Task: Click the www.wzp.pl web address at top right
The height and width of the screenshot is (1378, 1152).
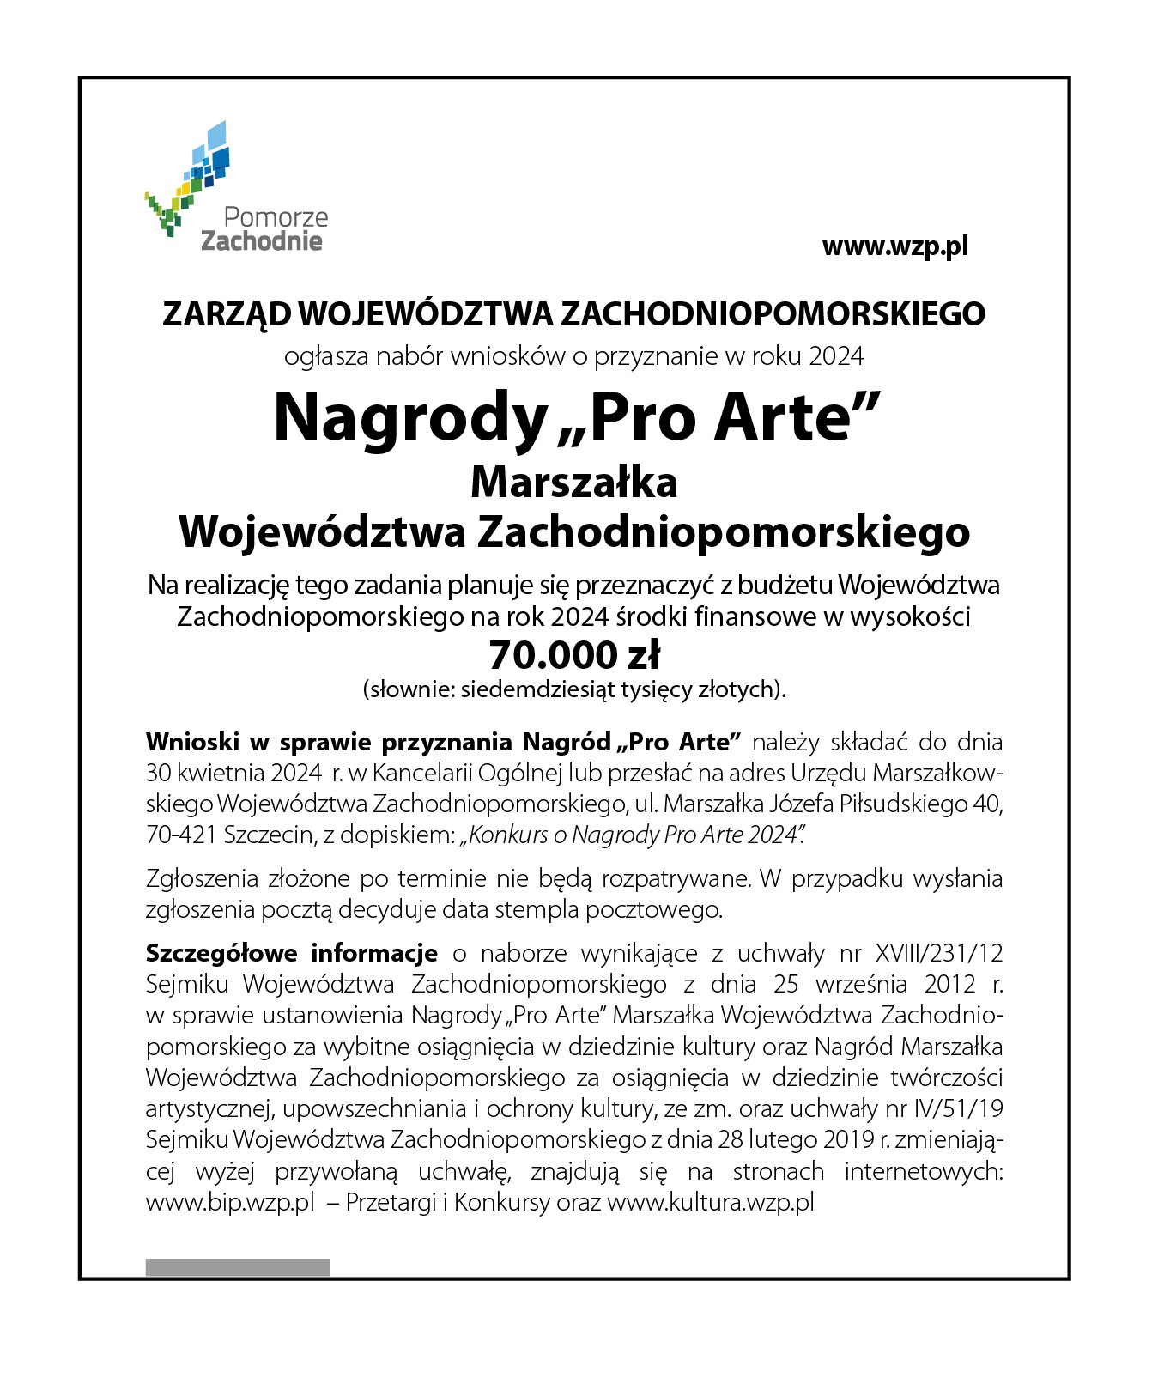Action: click(894, 246)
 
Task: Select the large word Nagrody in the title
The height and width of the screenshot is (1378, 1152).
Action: click(409, 418)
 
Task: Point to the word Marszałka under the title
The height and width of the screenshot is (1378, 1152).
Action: click(573, 483)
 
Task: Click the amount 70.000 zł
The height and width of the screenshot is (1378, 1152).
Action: click(573, 656)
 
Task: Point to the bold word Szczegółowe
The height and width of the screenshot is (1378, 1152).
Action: click(221, 953)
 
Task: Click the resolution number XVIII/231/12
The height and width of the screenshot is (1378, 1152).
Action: click(938, 953)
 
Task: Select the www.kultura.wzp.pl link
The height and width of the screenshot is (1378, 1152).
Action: click(710, 1202)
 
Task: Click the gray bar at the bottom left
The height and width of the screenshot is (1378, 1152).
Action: click(237, 1267)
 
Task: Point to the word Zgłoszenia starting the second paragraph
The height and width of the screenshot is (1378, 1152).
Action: click(203, 878)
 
